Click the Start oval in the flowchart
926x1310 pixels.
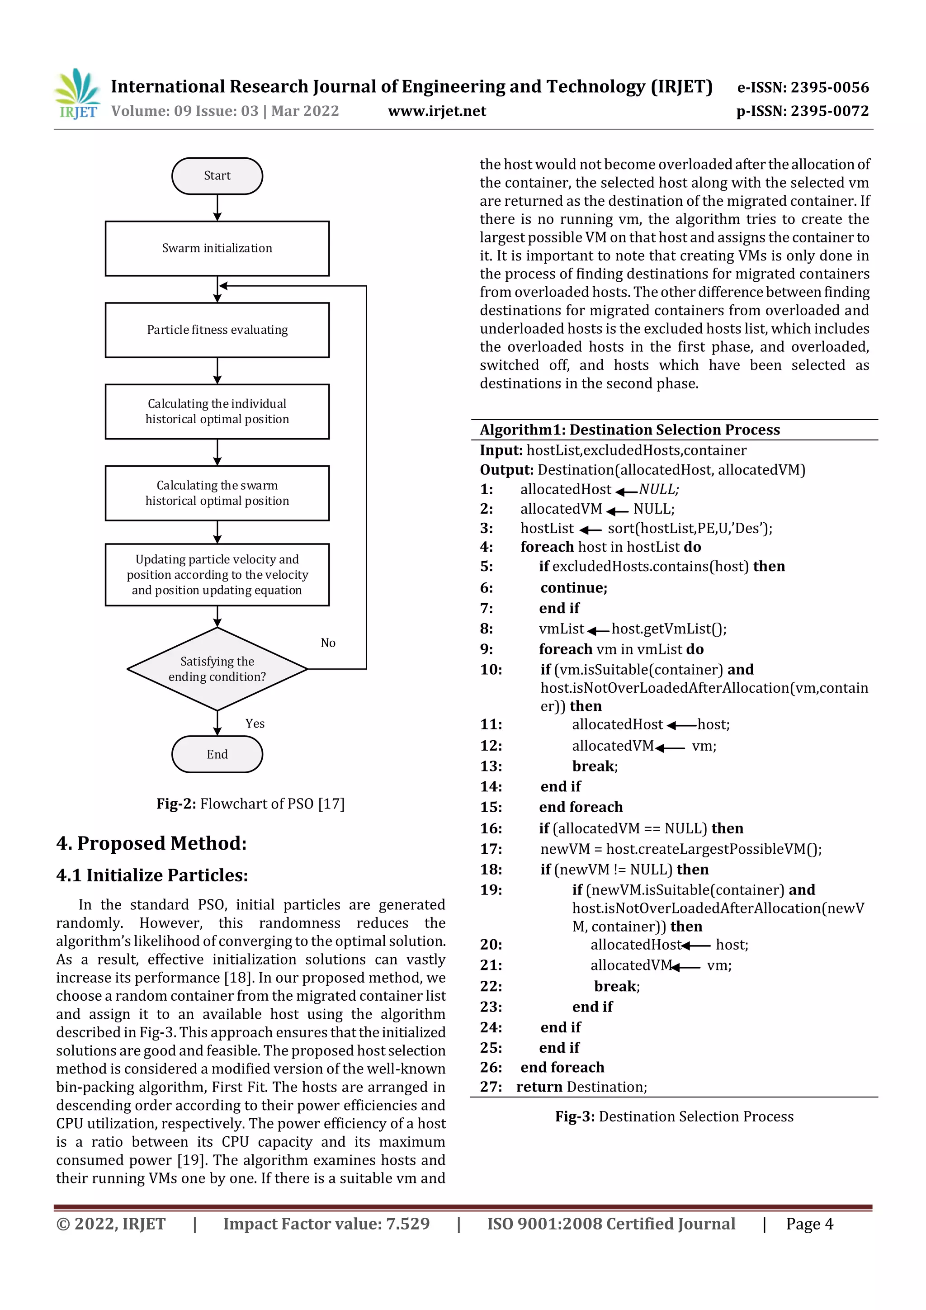point(217,176)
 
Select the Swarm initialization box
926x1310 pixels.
point(217,248)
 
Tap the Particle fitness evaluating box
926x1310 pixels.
point(217,330)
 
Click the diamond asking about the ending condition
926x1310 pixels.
point(217,669)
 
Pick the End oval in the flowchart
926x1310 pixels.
point(217,754)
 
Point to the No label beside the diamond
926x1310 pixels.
point(328,643)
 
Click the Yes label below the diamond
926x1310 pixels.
point(255,724)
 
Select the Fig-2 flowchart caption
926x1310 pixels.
point(250,804)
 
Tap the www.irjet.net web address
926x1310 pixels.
point(437,111)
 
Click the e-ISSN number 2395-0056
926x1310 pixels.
point(803,87)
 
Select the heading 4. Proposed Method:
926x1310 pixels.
point(151,843)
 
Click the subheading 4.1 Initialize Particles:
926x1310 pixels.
point(152,875)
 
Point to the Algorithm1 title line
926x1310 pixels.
point(629,430)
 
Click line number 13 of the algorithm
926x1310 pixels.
point(491,766)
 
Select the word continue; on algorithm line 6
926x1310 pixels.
point(573,588)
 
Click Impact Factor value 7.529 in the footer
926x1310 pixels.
point(326,1224)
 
